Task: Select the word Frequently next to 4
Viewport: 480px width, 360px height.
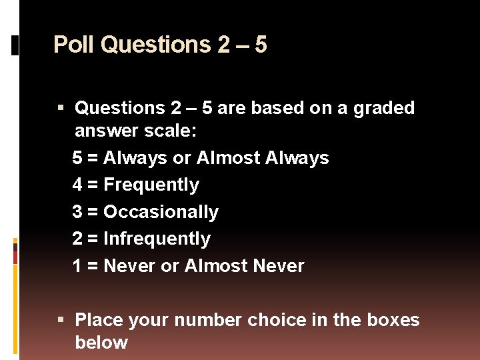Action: (x=151, y=185)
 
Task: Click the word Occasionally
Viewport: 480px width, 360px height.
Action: (x=161, y=212)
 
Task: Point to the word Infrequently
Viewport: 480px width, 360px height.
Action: (x=157, y=239)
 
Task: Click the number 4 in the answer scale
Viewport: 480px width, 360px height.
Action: (x=77, y=185)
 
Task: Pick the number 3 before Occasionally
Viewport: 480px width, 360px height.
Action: (x=77, y=212)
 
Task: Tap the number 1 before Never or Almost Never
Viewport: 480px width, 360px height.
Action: (x=77, y=266)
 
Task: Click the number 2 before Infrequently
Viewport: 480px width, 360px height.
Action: (x=77, y=239)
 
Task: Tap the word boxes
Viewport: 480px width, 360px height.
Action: (x=393, y=320)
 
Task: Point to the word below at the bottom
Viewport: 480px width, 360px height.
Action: (x=101, y=343)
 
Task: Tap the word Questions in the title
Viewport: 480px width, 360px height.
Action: (x=156, y=45)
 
